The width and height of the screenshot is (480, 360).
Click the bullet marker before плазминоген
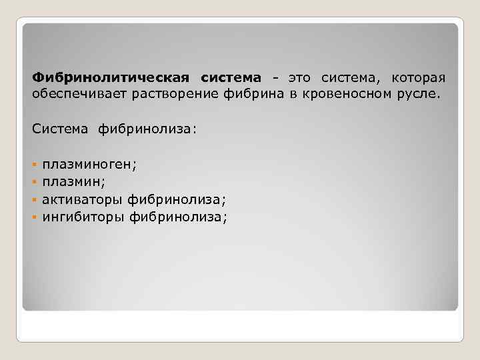(34, 163)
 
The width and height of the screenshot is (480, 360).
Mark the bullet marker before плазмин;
(34, 181)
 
